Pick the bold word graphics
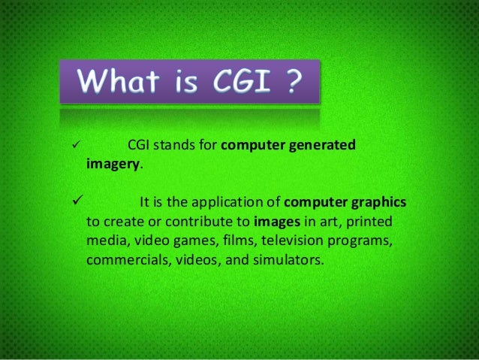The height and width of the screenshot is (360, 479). pos(377,203)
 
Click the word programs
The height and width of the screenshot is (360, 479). pos(362,242)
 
